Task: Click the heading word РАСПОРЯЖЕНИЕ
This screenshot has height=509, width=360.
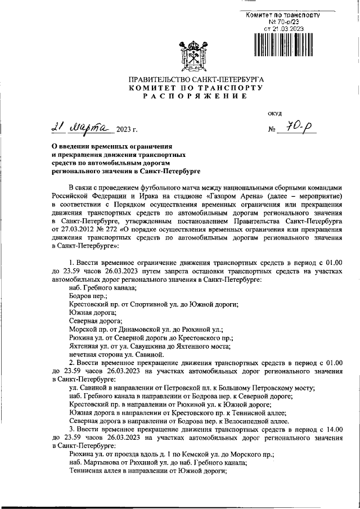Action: click(x=194, y=97)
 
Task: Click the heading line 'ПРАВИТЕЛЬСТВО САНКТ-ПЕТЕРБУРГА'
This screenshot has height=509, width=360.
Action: click(x=194, y=80)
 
